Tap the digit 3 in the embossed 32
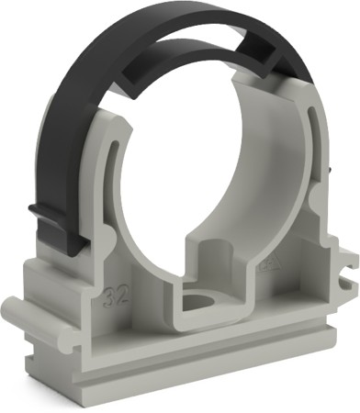pyautogui.click(x=111, y=295)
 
